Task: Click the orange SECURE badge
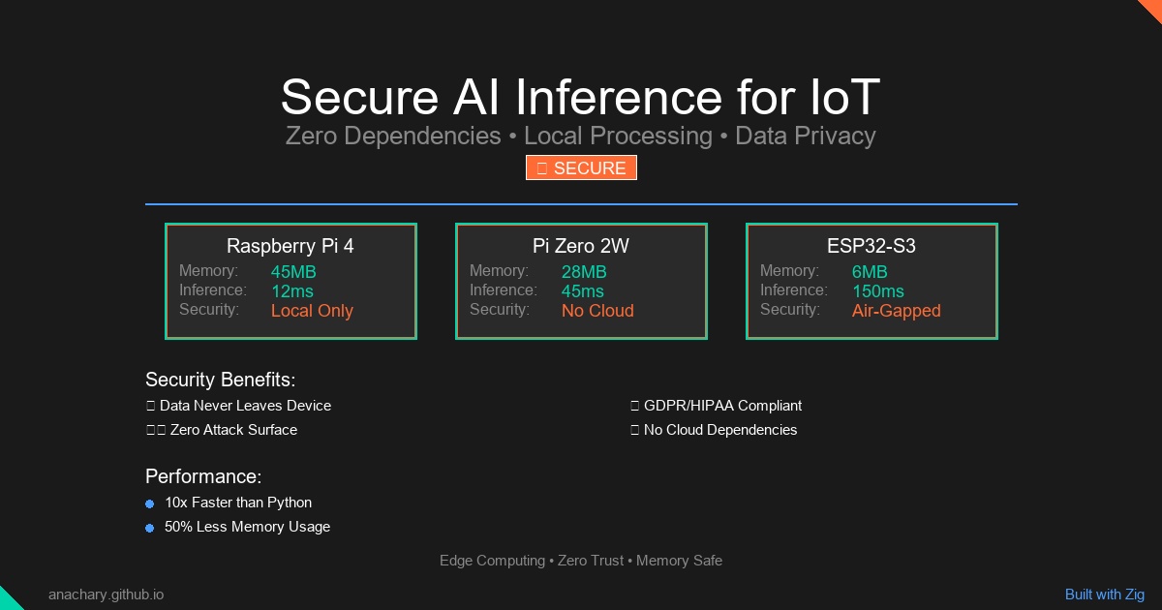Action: point(581,168)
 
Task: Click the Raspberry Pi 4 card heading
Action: point(290,246)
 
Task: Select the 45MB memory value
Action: point(293,272)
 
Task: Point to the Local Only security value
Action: point(312,311)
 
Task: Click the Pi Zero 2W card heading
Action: point(581,246)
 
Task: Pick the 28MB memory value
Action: point(584,272)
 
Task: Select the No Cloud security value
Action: point(597,311)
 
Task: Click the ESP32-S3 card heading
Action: point(871,246)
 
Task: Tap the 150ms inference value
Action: point(878,291)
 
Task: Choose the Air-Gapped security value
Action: point(896,311)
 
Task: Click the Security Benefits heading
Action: point(220,380)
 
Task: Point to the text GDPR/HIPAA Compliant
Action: point(722,406)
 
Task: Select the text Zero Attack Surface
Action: point(233,430)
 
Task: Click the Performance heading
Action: point(203,476)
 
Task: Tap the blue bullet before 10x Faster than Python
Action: point(149,503)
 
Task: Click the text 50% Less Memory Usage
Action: point(247,527)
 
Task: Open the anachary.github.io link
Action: point(106,595)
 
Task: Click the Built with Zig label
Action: point(1104,595)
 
